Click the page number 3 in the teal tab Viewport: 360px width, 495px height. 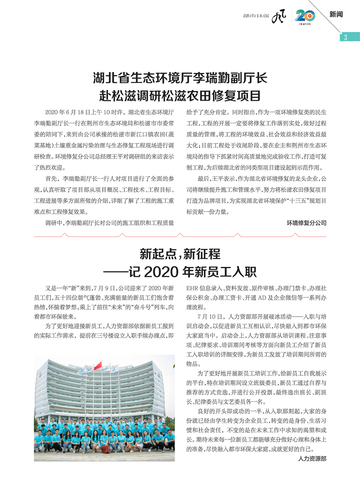[x=346, y=37]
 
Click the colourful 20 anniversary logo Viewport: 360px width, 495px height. [x=305, y=16]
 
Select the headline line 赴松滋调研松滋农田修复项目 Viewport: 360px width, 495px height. [x=180, y=96]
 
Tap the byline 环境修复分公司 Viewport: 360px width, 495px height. [x=306, y=223]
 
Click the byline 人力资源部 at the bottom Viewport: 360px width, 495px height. [x=312, y=459]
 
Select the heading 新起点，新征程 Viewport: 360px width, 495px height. [x=180, y=254]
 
